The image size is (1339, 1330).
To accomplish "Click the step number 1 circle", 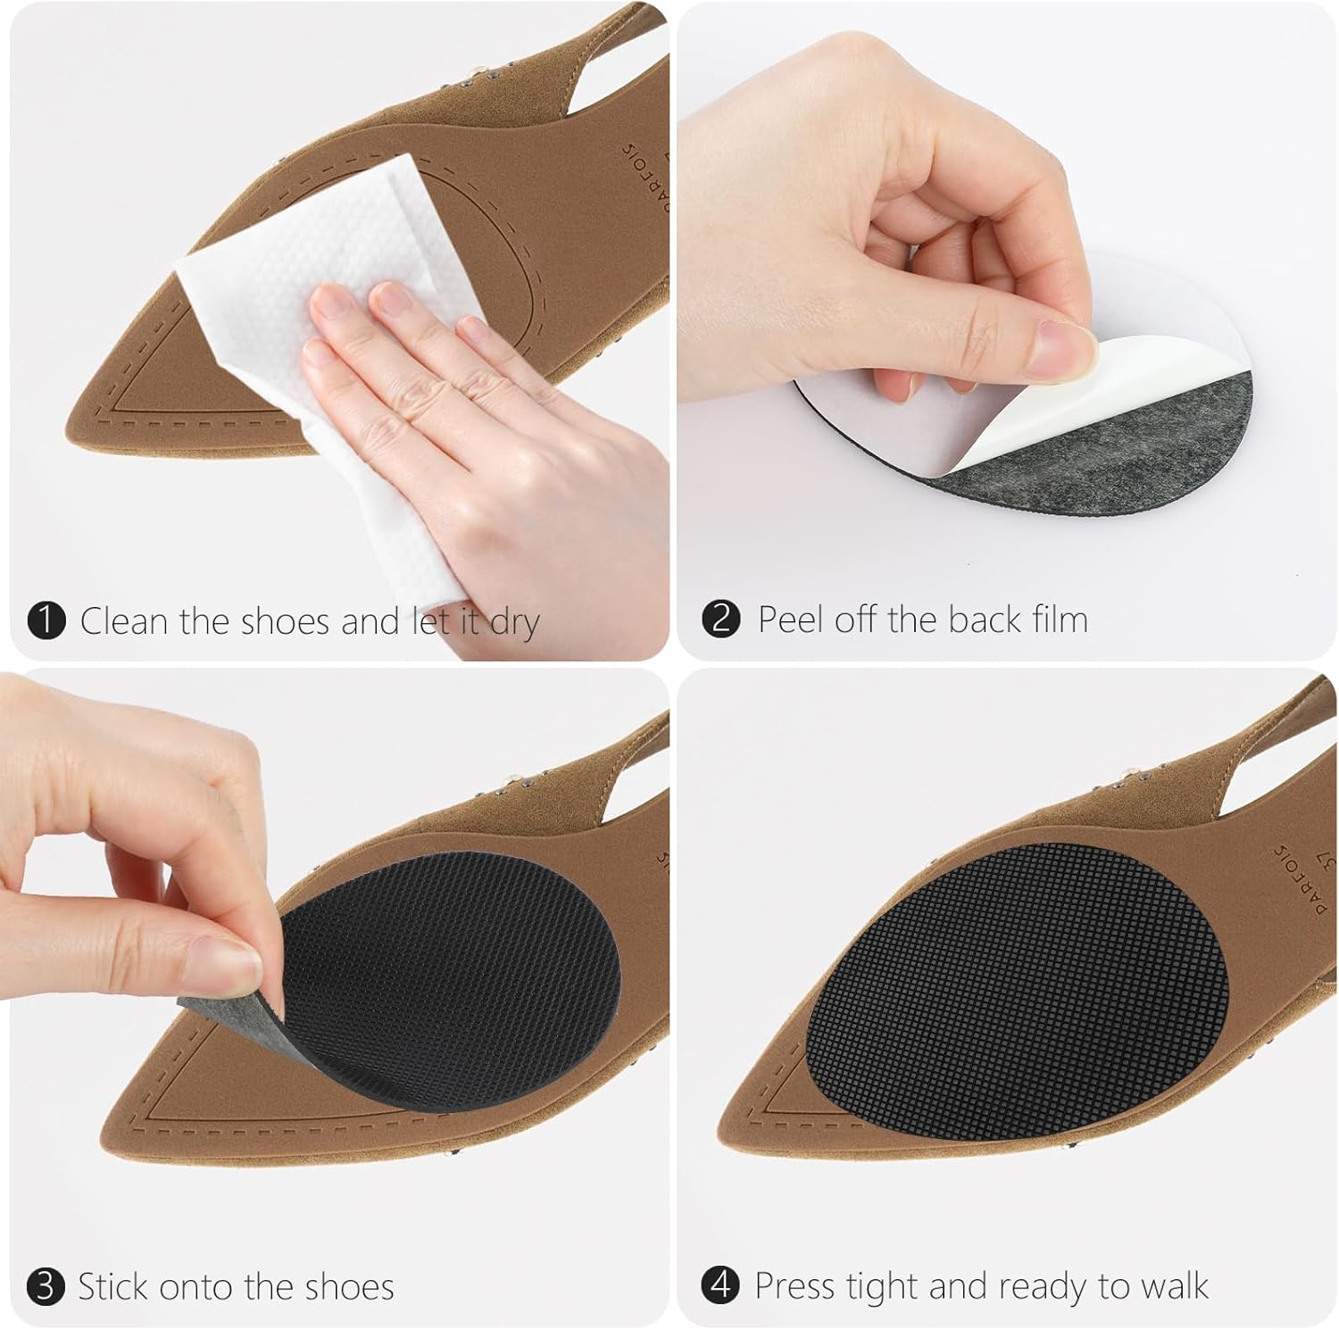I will [x=46, y=620].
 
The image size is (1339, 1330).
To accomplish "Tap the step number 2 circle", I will [x=720, y=619].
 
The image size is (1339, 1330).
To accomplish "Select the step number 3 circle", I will [x=46, y=1287].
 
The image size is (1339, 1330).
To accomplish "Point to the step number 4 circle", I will [x=720, y=1285].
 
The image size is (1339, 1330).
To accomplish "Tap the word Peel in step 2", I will [x=791, y=619].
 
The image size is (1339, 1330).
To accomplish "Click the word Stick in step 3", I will [x=112, y=1287].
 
